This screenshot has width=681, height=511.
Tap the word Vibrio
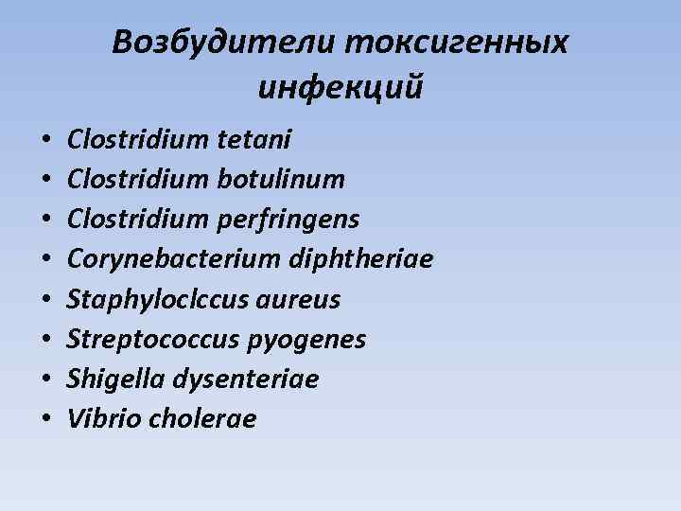(96, 419)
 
